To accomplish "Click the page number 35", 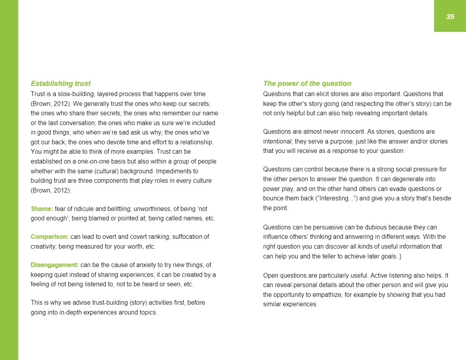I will (450, 16).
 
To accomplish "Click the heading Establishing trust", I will (61, 84).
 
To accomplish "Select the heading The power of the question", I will (307, 84).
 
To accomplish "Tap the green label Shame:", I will (42, 208).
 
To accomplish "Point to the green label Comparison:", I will (50, 237).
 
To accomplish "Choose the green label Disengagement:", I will (55, 265).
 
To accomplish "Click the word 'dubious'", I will (362, 227).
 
